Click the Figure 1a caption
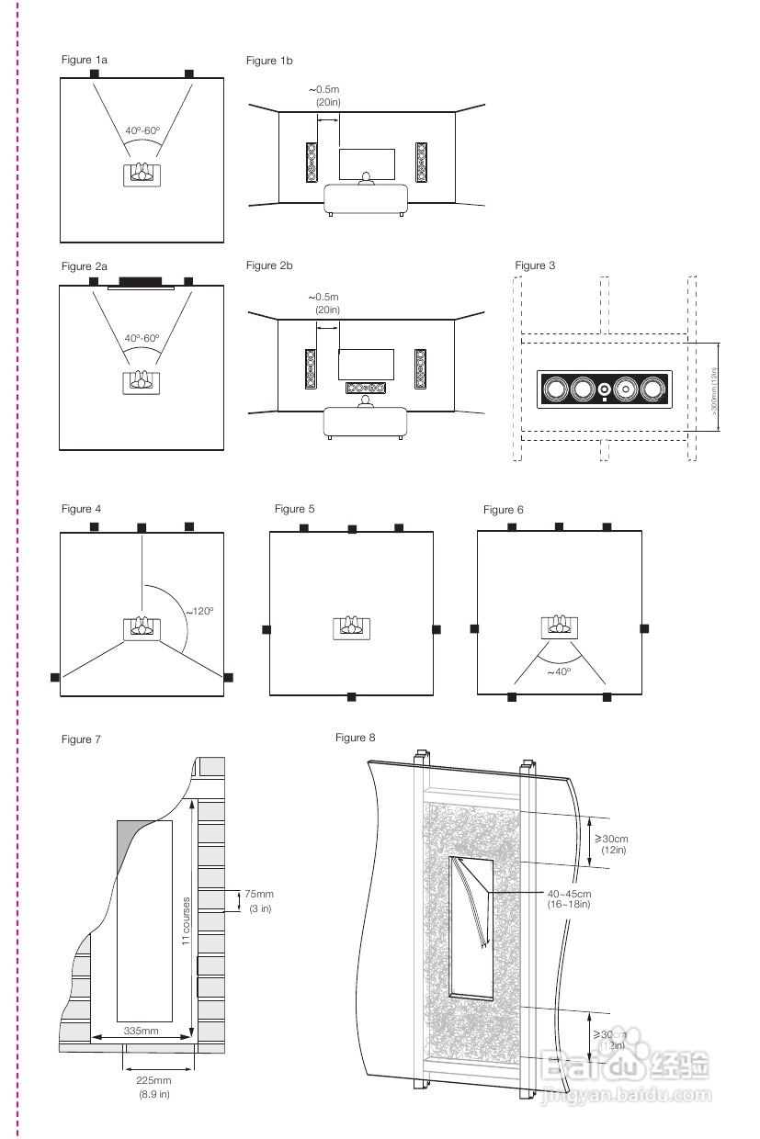point(85,60)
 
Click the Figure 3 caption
point(535,265)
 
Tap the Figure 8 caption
point(356,738)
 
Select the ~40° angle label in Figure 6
point(559,671)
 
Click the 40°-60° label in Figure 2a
point(142,338)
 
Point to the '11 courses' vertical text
point(186,921)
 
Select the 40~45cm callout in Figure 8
point(569,894)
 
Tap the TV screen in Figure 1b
point(367,163)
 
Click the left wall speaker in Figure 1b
point(312,163)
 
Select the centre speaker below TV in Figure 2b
point(366,388)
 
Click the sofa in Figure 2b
point(366,421)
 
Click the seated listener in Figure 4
point(142,626)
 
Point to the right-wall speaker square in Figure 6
point(645,627)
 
